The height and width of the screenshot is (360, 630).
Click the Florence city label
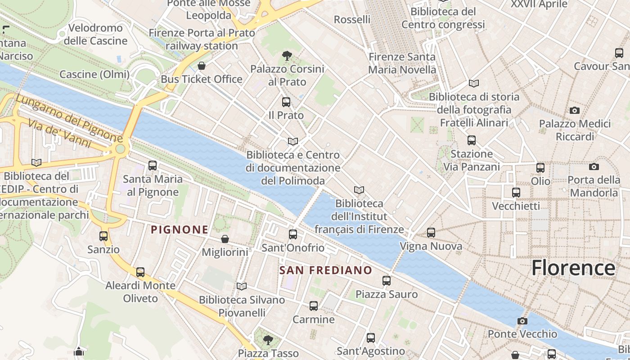pos(573,268)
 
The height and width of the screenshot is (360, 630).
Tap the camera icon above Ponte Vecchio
pos(522,321)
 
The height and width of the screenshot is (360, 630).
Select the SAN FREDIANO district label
pos(325,270)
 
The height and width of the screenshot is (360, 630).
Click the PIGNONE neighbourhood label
pos(180,230)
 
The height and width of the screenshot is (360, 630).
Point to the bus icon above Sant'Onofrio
pos(293,234)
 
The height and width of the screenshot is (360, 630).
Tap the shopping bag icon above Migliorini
pos(225,239)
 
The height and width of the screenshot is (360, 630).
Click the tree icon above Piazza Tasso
pos(268,339)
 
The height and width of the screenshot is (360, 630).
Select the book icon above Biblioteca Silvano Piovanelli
pos(242,286)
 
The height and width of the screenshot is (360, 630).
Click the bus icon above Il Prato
pos(286,102)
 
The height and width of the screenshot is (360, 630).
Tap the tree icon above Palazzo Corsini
pos(287,56)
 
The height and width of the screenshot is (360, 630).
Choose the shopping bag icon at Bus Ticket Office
pos(202,66)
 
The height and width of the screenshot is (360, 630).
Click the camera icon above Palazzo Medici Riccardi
pos(574,110)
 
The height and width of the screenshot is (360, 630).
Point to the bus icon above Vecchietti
pos(516,193)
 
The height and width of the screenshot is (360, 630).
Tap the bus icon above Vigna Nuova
pos(431,233)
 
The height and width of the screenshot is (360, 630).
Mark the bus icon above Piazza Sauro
pos(387,281)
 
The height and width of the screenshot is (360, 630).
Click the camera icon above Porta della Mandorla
pos(594,167)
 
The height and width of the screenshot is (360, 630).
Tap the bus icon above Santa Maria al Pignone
pos(152,166)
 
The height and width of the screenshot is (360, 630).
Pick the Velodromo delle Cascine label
pos(95,35)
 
